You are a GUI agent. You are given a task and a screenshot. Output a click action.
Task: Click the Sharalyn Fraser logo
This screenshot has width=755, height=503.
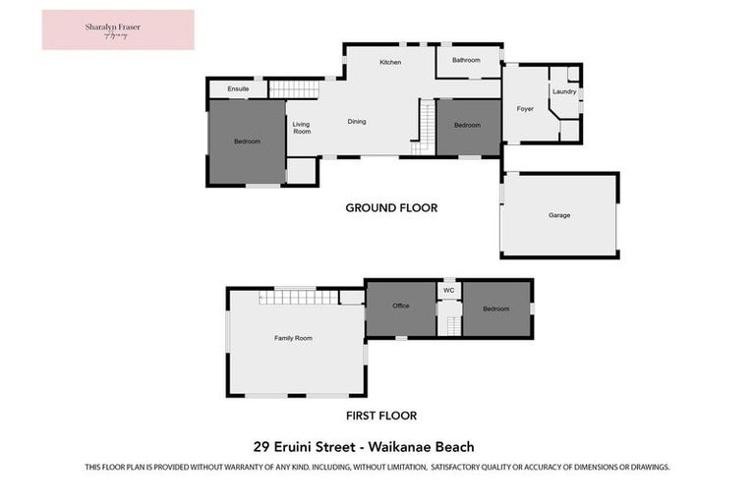(x=118, y=29)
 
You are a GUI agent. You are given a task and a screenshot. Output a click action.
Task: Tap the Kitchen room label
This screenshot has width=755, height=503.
(x=390, y=63)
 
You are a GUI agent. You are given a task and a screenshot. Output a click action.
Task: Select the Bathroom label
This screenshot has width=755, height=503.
(x=466, y=60)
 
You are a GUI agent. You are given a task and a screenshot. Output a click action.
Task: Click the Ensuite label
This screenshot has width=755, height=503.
(x=238, y=89)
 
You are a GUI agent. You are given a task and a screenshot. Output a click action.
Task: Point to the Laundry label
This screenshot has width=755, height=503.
(x=563, y=91)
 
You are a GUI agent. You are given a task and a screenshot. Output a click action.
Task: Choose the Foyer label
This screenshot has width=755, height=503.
(x=525, y=108)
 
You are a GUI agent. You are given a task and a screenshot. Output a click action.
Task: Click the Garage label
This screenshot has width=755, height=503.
(x=558, y=215)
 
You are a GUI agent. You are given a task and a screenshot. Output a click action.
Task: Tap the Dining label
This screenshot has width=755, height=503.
(x=357, y=122)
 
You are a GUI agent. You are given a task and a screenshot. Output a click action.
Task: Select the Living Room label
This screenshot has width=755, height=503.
(x=301, y=128)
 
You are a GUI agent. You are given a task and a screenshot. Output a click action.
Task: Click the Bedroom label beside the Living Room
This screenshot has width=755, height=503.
(x=247, y=141)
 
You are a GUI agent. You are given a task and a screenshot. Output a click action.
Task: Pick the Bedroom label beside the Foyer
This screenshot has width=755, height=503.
(x=467, y=125)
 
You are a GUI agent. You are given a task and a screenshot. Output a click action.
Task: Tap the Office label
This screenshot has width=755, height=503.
(x=400, y=306)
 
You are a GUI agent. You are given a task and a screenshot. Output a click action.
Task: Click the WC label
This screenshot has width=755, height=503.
(x=448, y=291)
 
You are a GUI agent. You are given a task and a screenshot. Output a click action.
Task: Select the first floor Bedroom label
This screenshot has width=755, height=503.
(x=496, y=308)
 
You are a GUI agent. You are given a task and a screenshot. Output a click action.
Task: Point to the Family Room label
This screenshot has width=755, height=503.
(x=293, y=338)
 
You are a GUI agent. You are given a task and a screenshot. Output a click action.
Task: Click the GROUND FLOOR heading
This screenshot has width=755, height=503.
(x=390, y=207)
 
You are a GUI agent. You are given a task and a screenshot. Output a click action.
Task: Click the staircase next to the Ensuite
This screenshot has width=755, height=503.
(x=295, y=89)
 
